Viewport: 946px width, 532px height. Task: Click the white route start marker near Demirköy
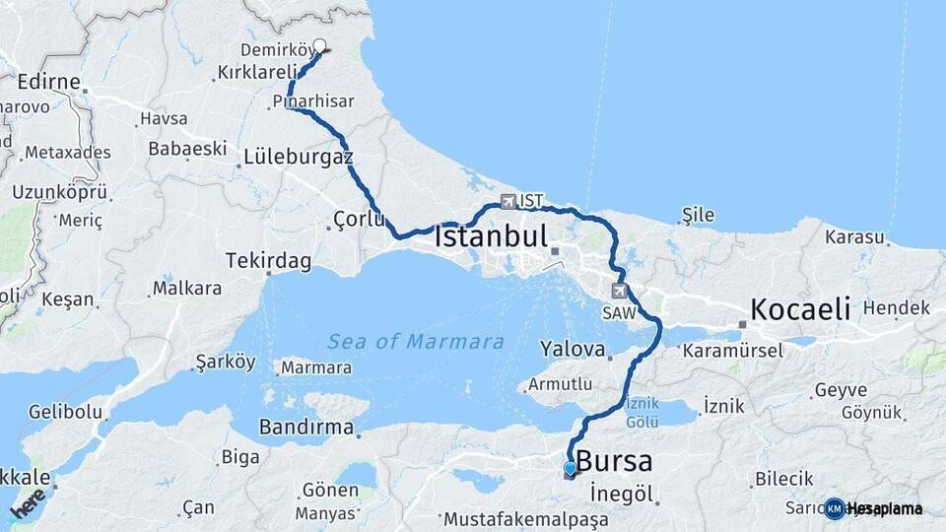(319, 45)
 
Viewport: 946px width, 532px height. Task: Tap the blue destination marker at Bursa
(570, 468)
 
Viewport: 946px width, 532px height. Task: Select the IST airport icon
(508, 201)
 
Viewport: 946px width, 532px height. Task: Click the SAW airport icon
(619, 291)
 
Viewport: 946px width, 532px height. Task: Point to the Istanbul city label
(491, 237)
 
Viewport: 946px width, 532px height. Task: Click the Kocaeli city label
(799, 308)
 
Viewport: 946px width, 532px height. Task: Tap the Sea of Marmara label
(416, 342)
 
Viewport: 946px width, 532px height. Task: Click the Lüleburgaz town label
(298, 157)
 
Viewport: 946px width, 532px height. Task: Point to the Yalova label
(572, 349)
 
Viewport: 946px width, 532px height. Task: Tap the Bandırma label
(305, 428)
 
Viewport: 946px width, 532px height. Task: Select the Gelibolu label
(64, 411)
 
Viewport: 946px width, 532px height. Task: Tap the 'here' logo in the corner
(28, 502)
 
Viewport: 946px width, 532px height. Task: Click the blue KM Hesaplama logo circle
(835, 508)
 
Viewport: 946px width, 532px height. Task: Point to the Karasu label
(854, 237)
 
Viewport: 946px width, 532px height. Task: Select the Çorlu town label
(359, 219)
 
